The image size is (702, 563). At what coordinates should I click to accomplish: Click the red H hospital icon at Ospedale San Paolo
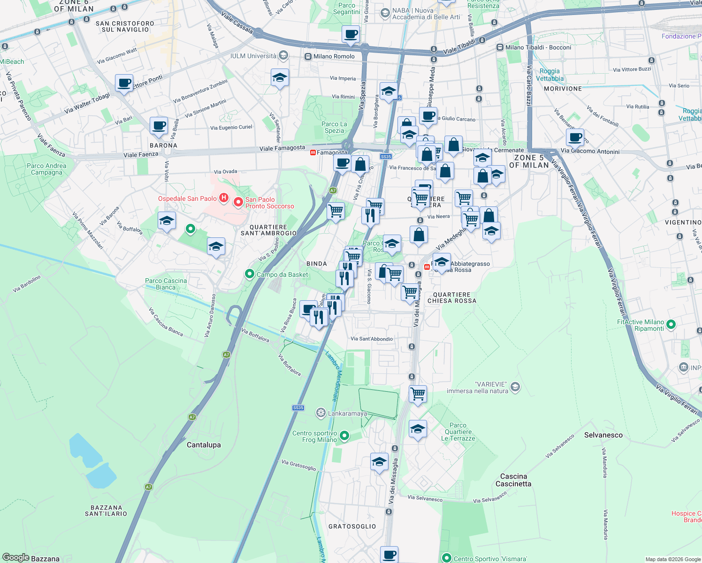[224, 198]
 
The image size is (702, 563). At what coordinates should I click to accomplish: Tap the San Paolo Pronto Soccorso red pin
[238, 202]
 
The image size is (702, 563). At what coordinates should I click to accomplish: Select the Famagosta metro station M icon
[313, 152]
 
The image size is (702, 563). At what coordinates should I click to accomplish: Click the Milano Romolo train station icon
[308, 56]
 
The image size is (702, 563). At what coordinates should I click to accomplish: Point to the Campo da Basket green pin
[250, 274]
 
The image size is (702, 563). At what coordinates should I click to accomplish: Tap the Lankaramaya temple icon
[320, 413]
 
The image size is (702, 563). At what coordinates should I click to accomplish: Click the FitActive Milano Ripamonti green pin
[671, 324]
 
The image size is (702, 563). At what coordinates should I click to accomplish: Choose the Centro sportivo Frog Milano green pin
[344, 436]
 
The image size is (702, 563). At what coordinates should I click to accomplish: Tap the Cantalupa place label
[204, 445]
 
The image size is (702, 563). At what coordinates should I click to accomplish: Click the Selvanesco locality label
[603, 435]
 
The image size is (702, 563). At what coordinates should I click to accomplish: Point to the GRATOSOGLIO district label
[352, 526]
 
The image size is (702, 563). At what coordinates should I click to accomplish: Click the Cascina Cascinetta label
[513, 480]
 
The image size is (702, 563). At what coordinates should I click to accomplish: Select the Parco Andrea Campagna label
[46, 169]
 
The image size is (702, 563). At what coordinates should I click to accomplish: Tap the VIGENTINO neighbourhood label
[683, 222]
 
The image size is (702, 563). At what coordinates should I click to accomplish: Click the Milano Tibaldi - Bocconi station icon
[500, 47]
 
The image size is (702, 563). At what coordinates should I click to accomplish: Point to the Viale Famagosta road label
[282, 148]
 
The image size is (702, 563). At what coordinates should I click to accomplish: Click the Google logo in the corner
[15, 557]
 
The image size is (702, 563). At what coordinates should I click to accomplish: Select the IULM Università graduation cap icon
[283, 56]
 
